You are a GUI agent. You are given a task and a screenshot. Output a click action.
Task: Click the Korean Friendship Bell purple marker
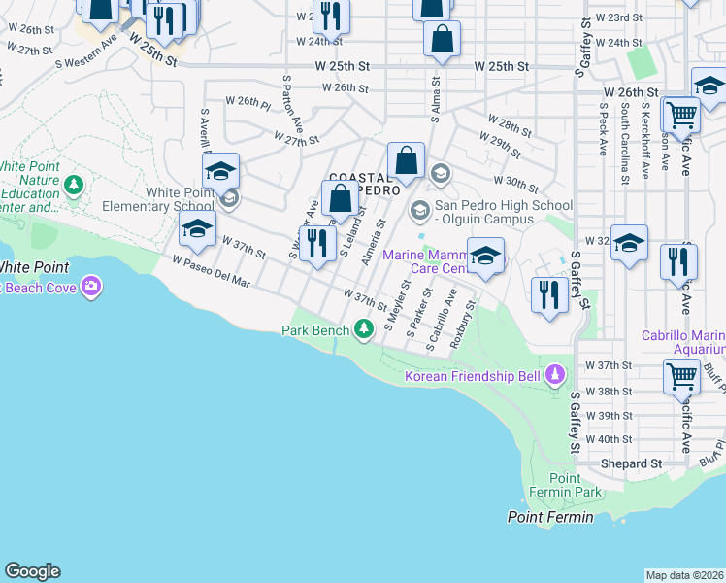554,374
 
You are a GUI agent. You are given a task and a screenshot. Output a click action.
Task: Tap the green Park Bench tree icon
364,330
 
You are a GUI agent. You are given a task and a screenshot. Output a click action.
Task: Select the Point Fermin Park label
564,485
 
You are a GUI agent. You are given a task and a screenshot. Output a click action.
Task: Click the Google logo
32,571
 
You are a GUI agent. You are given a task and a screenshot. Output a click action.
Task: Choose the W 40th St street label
609,439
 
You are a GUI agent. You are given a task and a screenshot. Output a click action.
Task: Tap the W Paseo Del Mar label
212,272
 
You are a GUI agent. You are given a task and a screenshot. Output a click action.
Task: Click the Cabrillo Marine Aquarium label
683,342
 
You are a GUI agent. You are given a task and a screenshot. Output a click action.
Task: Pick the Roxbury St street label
469,318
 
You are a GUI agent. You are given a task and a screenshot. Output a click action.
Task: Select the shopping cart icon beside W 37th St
682,376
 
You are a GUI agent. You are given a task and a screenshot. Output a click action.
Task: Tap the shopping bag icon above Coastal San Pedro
407,160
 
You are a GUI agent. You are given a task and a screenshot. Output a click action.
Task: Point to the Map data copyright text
684,574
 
